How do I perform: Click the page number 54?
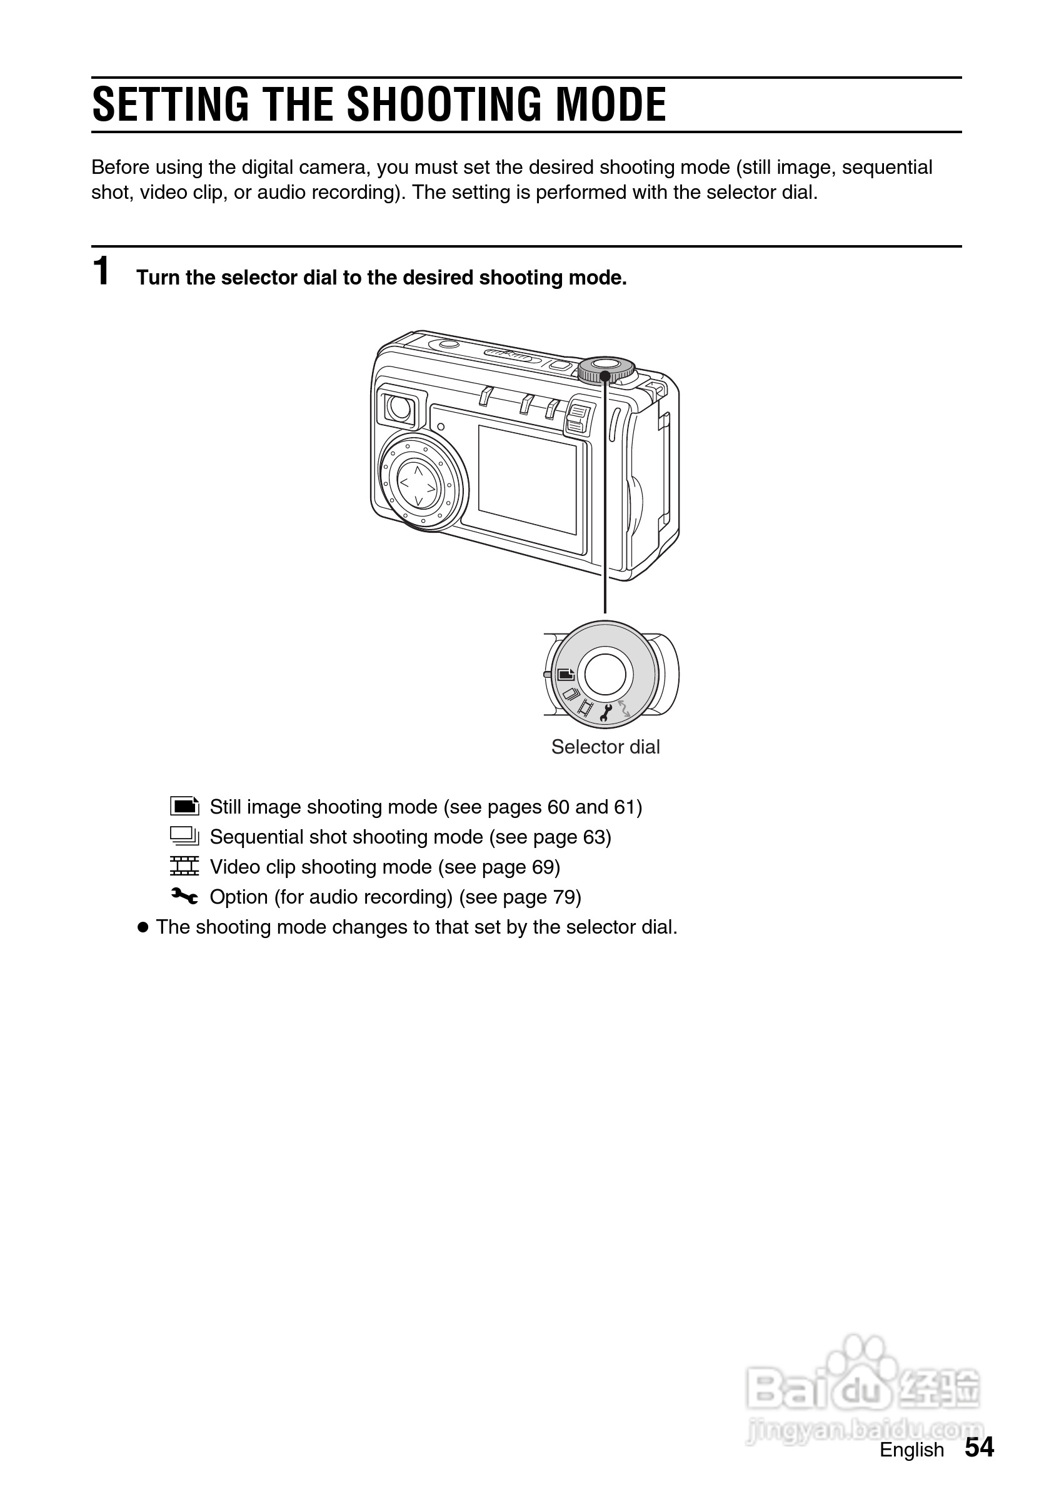(979, 1447)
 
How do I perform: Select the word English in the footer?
(911, 1450)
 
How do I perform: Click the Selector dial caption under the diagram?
(605, 747)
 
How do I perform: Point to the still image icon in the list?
(184, 805)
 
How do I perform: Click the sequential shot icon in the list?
(184, 836)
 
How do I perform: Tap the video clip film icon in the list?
(184, 866)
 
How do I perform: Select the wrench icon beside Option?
(184, 896)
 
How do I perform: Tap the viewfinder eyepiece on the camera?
(399, 407)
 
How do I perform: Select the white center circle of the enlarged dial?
(605, 675)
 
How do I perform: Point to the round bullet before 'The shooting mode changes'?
(143, 927)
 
